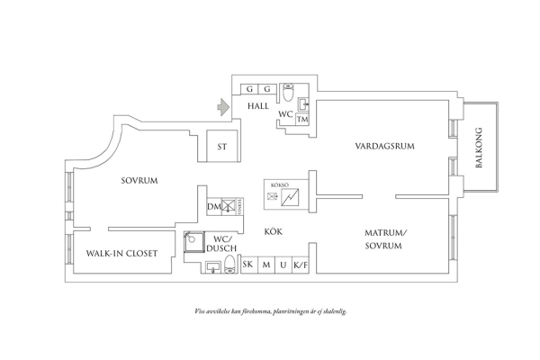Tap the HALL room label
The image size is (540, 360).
259,106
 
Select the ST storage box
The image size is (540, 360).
221,145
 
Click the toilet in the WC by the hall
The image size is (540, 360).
286,92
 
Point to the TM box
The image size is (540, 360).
303,120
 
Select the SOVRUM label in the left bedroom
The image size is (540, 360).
139,181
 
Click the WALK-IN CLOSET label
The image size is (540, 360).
121,255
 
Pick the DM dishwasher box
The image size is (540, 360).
212,208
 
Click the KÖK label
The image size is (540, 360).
273,231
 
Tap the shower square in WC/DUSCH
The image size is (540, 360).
192,240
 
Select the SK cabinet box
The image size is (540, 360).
247,265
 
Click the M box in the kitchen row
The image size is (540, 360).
265,265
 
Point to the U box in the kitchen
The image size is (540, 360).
283,265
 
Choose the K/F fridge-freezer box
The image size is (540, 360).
301,265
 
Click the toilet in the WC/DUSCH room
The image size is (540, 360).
229,264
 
